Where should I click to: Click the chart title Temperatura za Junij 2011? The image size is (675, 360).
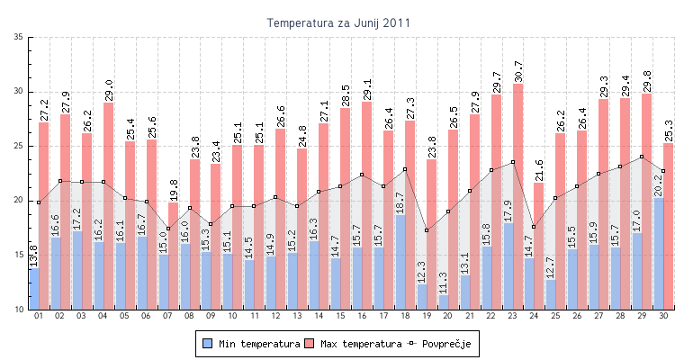click(x=338, y=22)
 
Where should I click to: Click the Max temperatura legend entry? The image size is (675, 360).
click(x=354, y=343)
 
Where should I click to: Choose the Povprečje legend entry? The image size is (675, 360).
click(x=441, y=343)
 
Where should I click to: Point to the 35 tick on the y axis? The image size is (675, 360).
click(x=19, y=37)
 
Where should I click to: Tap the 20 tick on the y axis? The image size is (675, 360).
click(x=19, y=201)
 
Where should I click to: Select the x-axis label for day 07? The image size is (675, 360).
click(x=167, y=317)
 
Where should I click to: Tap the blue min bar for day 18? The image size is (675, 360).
click(x=400, y=262)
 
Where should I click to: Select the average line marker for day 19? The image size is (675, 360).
click(x=426, y=230)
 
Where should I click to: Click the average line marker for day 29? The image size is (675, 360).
click(x=642, y=157)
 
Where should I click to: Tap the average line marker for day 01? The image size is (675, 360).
click(x=39, y=202)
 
